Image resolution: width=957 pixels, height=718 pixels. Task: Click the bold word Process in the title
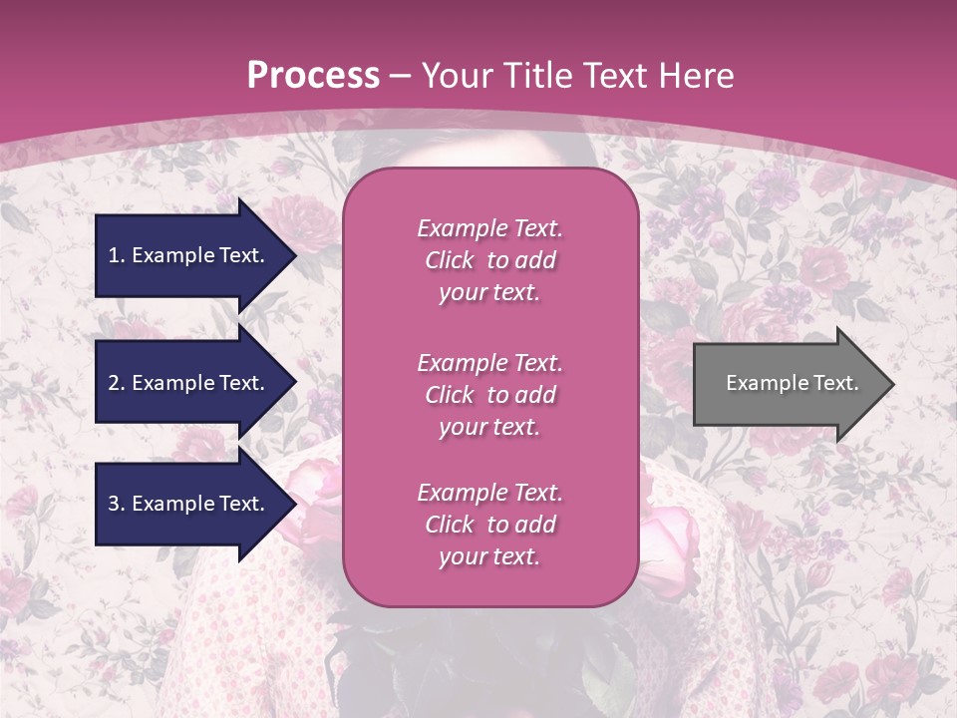tap(313, 76)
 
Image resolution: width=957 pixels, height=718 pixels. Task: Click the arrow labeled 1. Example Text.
tap(189, 255)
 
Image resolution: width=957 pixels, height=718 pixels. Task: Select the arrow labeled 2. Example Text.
tap(189, 383)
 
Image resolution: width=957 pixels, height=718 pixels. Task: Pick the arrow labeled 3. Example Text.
tap(189, 504)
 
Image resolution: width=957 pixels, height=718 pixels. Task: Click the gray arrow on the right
tap(788, 383)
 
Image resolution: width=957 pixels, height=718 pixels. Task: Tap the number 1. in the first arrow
tap(117, 255)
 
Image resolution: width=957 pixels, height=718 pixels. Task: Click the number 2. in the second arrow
tap(117, 383)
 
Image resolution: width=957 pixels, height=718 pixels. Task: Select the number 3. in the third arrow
tap(117, 504)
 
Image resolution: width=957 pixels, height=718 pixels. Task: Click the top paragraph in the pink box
tap(489, 260)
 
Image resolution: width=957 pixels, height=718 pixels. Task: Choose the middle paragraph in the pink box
tap(489, 395)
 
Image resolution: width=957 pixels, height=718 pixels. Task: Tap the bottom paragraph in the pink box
tap(489, 525)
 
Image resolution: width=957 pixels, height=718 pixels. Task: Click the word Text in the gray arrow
tap(835, 383)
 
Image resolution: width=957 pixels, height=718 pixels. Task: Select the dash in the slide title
tap(401, 76)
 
